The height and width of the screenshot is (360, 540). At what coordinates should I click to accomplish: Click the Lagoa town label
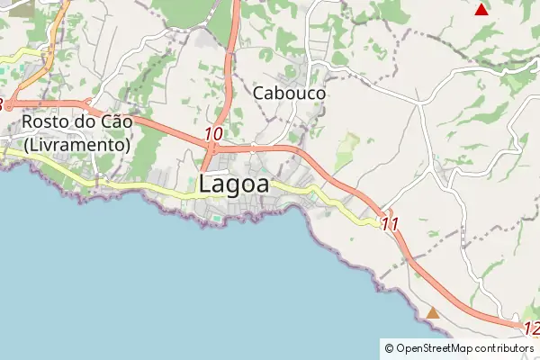[x=233, y=184]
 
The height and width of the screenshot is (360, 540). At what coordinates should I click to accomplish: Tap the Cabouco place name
[x=289, y=93]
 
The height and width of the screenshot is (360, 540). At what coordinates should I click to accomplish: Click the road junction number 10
[x=213, y=134]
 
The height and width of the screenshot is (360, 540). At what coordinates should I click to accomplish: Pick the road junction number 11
[x=390, y=224]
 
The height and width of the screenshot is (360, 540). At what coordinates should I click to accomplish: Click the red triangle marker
[x=481, y=10]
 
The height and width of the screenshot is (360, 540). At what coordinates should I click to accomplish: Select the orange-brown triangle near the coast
[x=433, y=313]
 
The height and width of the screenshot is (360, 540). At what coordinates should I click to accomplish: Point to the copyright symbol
[x=389, y=348]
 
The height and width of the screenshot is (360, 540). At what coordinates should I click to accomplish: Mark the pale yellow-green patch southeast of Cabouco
[x=346, y=152]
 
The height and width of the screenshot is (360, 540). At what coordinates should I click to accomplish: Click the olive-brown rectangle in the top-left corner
[x=20, y=8]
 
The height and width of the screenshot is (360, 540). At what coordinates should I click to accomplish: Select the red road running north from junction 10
[x=232, y=54]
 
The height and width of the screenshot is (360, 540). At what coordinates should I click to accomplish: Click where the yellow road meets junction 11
[x=376, y=221]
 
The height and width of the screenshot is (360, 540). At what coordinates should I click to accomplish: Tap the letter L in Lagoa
[x=206, y=184]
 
